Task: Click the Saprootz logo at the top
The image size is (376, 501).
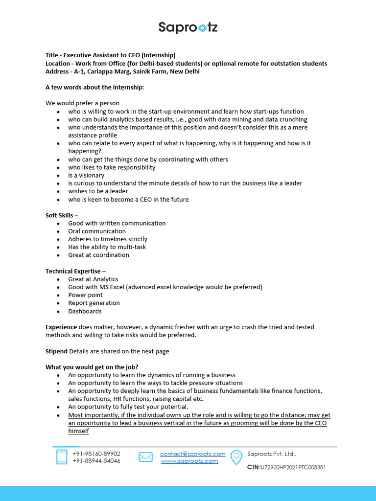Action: [188, 27]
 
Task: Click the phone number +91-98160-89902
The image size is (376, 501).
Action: [96, 454]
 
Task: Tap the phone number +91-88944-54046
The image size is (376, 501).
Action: [96, 461]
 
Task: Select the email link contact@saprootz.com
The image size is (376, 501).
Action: [193, 454]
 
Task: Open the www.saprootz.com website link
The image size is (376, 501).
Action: [189, 461]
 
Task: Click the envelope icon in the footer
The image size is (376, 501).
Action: [145, 457]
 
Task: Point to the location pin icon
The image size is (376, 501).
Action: [236, 457]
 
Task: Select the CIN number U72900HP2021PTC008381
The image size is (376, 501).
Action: [293, 467]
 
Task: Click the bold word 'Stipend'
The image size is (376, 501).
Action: [56, 351]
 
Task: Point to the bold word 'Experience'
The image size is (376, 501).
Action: [61, 327]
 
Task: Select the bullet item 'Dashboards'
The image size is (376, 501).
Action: [85, 311]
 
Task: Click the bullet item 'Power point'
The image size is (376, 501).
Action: [85, 295]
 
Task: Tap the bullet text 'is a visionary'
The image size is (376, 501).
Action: [86, 175]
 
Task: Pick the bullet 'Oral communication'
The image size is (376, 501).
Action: [97, 231]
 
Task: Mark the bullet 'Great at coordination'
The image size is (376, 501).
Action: [98, 255]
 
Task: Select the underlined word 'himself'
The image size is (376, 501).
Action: [78, 431]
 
